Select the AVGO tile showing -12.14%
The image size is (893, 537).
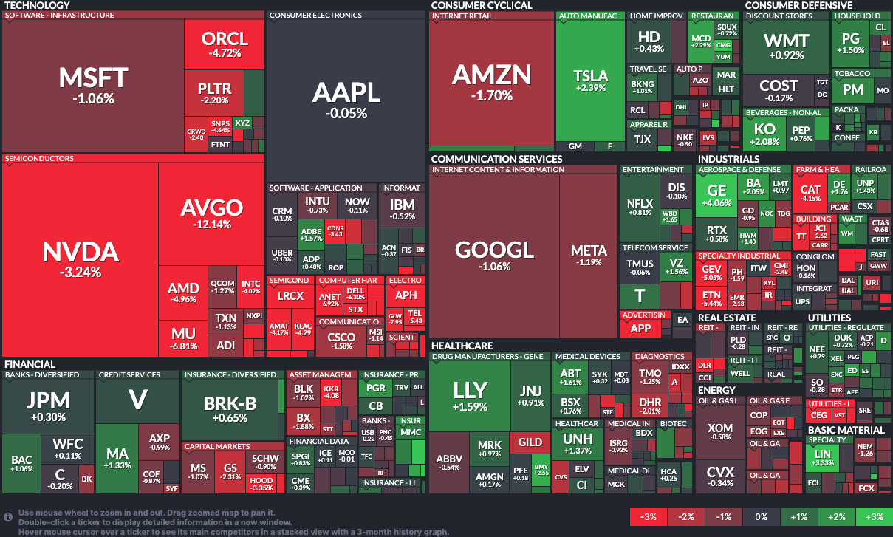pyautogui.click(x=211, y=214)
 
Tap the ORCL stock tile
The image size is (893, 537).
pyautogui.click(x=224, y=44)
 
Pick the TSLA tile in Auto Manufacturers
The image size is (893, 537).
pyautogui.click(x=590, y=81)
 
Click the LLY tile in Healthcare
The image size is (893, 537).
pyautogui.click(x=469, y=395)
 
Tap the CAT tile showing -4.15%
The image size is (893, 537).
pyautogui.click(x=810, y=194)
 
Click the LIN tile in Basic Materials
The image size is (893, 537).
pyautogui.click(x=822, y=457)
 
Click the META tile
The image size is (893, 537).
pyautogui.click(x=589, y=255)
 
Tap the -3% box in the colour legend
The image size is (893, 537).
pyautogui.click(x=649, y=517)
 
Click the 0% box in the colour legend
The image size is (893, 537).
pyautogui.click(x=761, y=517)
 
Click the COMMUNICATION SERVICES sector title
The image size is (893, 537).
pyautogui.click(x=496, y=159)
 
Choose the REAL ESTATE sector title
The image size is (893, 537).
pyautogui.click(x=727, y=318)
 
